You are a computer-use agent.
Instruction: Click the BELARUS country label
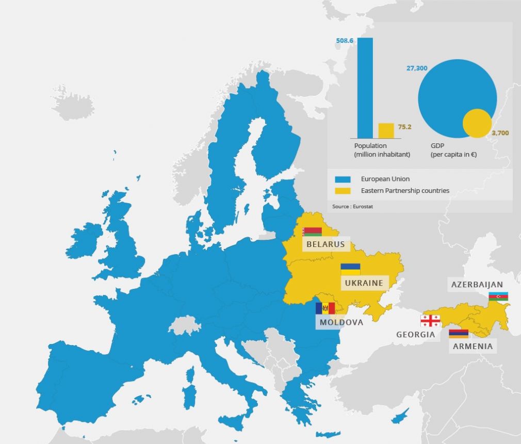tap(325, 244)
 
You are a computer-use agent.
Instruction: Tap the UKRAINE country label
tap(364, 283)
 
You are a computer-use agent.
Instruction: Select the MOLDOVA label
tap(341, 322)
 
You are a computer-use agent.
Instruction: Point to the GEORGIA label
tap(415, 335)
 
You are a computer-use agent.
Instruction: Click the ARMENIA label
tap(473, 346)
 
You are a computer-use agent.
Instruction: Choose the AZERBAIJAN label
tap(477, 285)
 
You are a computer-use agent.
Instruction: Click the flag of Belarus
tap(312, 232)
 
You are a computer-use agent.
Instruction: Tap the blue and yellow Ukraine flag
tap(350, 269)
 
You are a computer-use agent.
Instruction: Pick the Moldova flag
tap(325, 308)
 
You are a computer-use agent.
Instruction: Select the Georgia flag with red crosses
tap(430, 321)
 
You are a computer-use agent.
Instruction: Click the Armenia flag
tap(459, 334)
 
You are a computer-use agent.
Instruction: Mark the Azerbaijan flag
tap(498, 297)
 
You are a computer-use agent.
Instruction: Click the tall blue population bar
tap(365, 88)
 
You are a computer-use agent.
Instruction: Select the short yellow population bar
tap(386, 130)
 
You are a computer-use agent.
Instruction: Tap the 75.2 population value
tap(405, 127)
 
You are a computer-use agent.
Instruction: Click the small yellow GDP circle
tap(477, 123)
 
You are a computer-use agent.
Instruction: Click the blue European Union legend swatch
tap(343, 179)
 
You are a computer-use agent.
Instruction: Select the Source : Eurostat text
tap(352, 207)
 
